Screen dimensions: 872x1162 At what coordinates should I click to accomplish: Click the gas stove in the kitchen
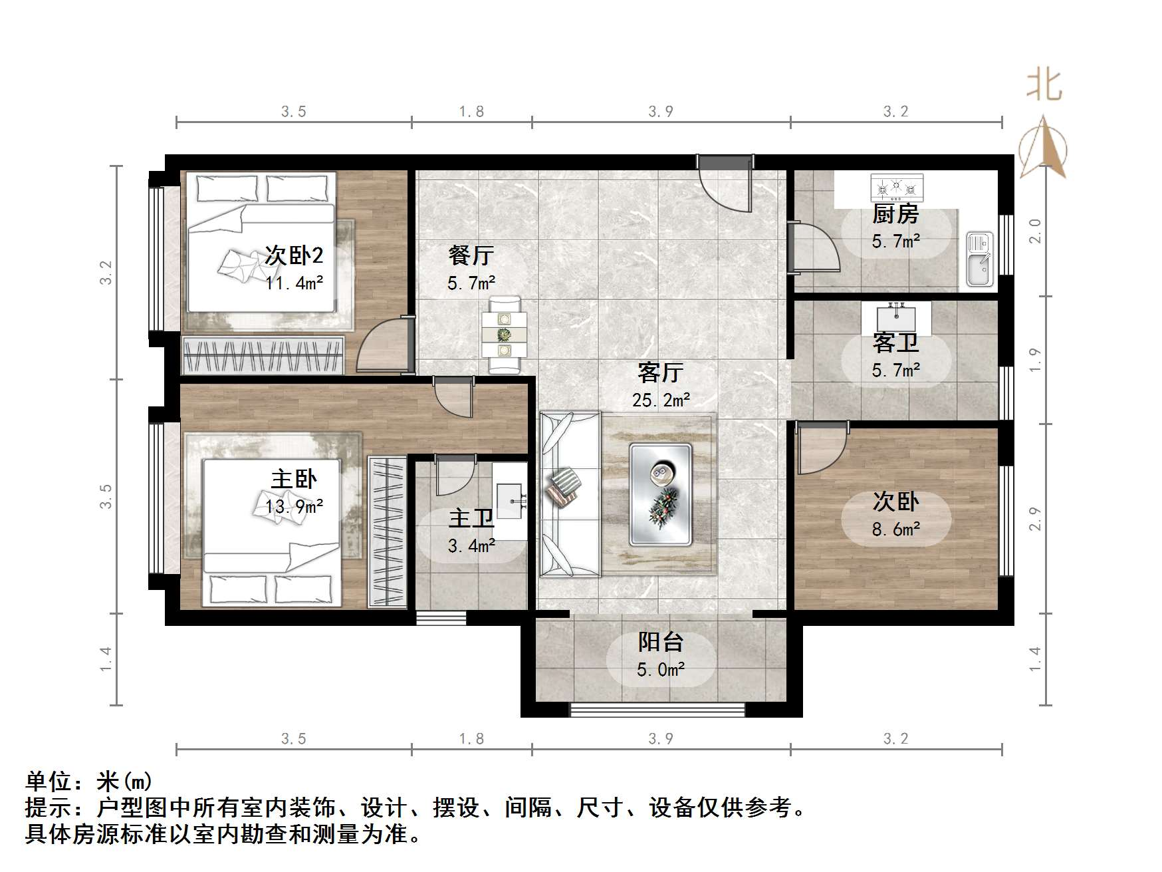coord(897,188)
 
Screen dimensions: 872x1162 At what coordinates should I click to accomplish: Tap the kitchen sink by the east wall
coord(979,259)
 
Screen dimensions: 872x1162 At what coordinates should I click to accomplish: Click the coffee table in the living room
coord(661,495)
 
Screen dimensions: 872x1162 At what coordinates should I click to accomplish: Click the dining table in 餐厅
coord(504,335)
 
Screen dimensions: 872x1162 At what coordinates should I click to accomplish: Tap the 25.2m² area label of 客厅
coord(661,400)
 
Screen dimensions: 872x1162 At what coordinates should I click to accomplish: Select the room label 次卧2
coord(294,255)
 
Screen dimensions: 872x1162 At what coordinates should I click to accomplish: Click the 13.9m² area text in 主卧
coord(294,507)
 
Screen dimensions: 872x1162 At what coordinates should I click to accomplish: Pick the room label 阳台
coord(661,642)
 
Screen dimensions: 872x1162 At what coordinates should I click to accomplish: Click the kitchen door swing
coord(814,248)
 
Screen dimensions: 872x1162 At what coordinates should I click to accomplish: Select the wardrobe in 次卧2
coord(263,355)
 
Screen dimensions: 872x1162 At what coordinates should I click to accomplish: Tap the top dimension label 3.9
coord(661,112)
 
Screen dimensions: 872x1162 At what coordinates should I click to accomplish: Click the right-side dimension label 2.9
coord(1035,519)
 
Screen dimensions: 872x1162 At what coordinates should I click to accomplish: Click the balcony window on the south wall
coord(657,710)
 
